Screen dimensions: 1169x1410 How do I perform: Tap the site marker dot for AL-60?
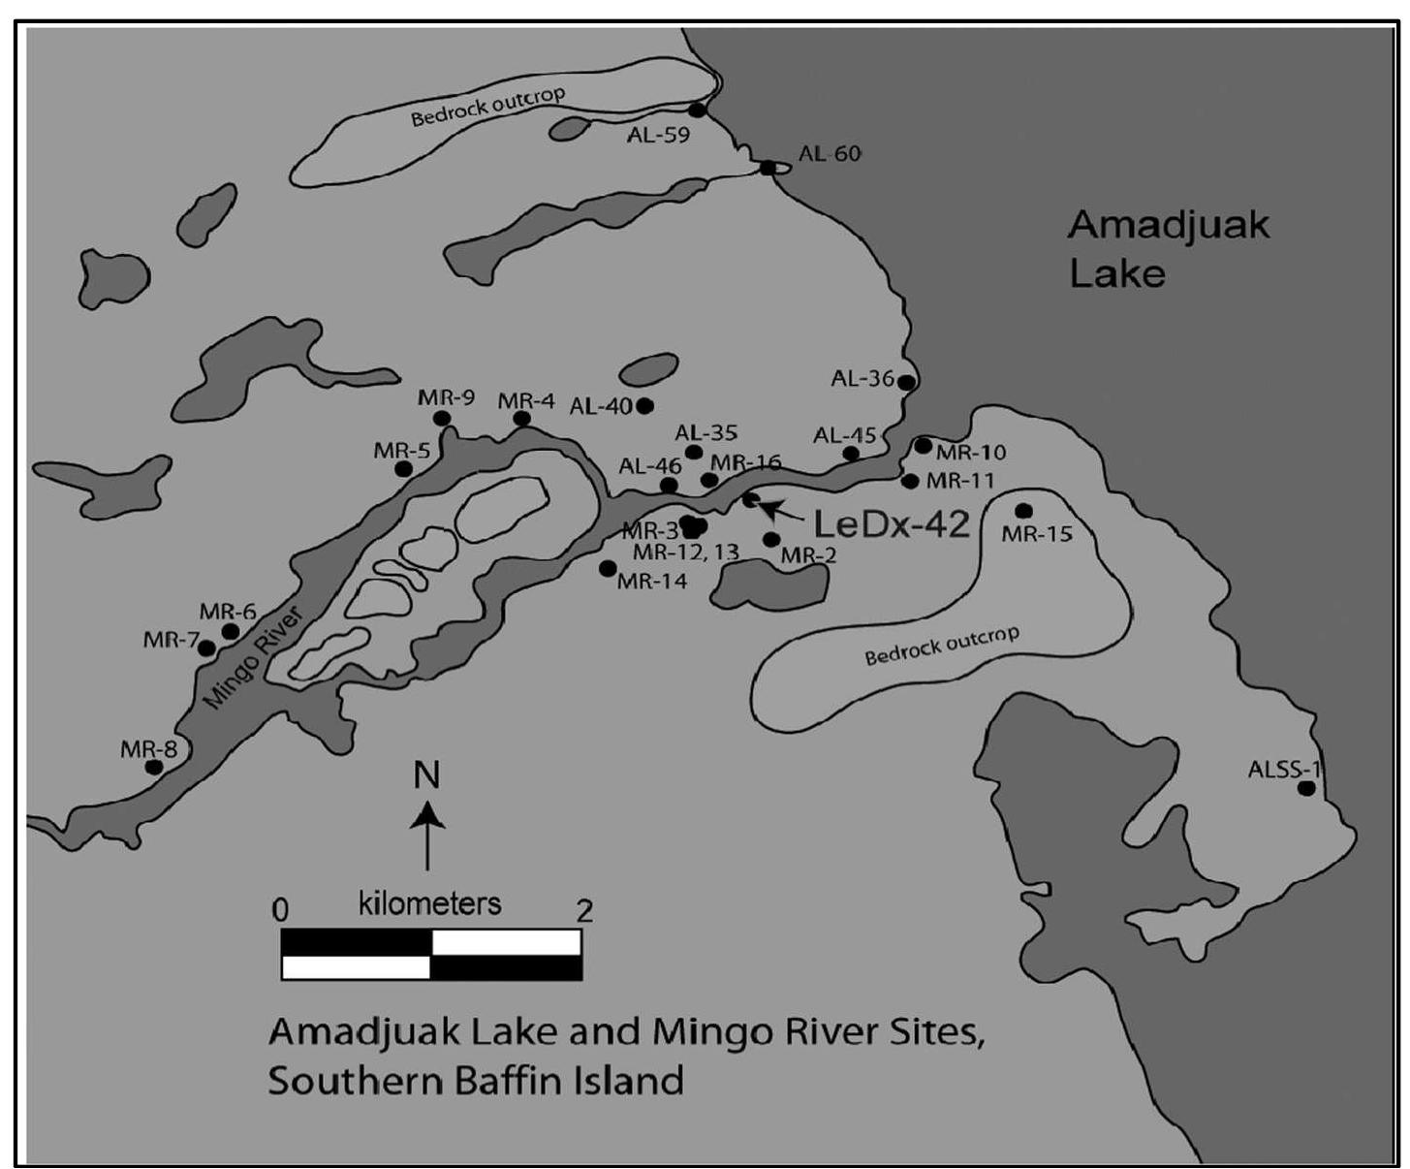pos(768,168)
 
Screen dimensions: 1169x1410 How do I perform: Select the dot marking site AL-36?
pos(906,382)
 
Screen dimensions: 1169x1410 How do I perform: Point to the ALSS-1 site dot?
pos(1305,789)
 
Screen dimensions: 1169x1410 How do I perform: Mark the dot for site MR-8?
pos(153,767)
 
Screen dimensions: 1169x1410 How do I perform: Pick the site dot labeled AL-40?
pos(644,405)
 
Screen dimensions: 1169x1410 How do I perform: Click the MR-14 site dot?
pos(608,568)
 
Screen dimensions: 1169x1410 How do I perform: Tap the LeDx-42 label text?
pos(891,524)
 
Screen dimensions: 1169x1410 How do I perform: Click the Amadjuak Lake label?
pos(1167,249)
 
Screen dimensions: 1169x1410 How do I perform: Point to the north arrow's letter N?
pos(426,775)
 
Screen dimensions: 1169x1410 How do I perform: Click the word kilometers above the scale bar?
pos(429,903)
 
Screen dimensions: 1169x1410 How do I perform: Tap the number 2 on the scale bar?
pos(583,910)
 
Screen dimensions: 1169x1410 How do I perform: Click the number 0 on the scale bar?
pos(280,910)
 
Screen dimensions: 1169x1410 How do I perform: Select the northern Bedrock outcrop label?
pos(487,108)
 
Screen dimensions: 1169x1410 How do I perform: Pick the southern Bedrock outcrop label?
pos(942,646)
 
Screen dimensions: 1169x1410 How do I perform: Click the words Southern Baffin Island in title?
pos(475,1080)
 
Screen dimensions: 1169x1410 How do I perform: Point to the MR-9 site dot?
pos(442,418)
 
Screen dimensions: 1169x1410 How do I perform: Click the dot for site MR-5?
pos(404,469)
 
